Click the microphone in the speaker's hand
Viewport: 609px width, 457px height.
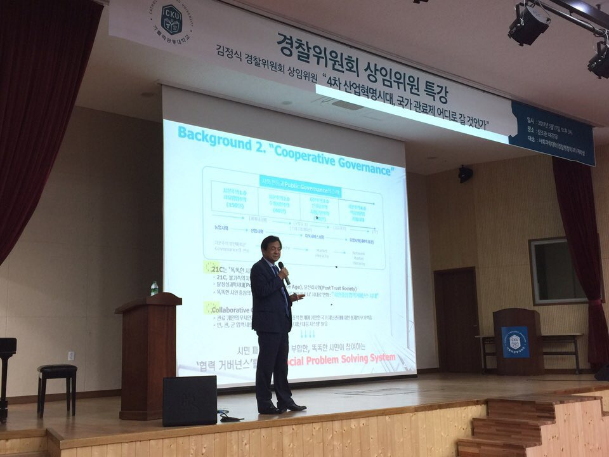[283, 272]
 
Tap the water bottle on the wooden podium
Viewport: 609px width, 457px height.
[154, 289]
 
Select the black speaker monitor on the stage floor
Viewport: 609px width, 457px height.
[189, 401]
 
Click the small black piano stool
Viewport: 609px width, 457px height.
[57, 381]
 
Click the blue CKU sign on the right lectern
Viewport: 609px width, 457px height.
[514, 342]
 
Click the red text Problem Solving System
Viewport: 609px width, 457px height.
[355, 358]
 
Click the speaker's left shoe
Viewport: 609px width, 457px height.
[294, 406]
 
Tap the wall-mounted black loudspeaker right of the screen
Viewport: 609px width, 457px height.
[465, 173]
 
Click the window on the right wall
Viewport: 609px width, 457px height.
[558, 271]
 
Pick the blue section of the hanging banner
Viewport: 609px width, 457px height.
[552, 133]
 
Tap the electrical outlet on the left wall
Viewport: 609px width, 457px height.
[71, 355]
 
